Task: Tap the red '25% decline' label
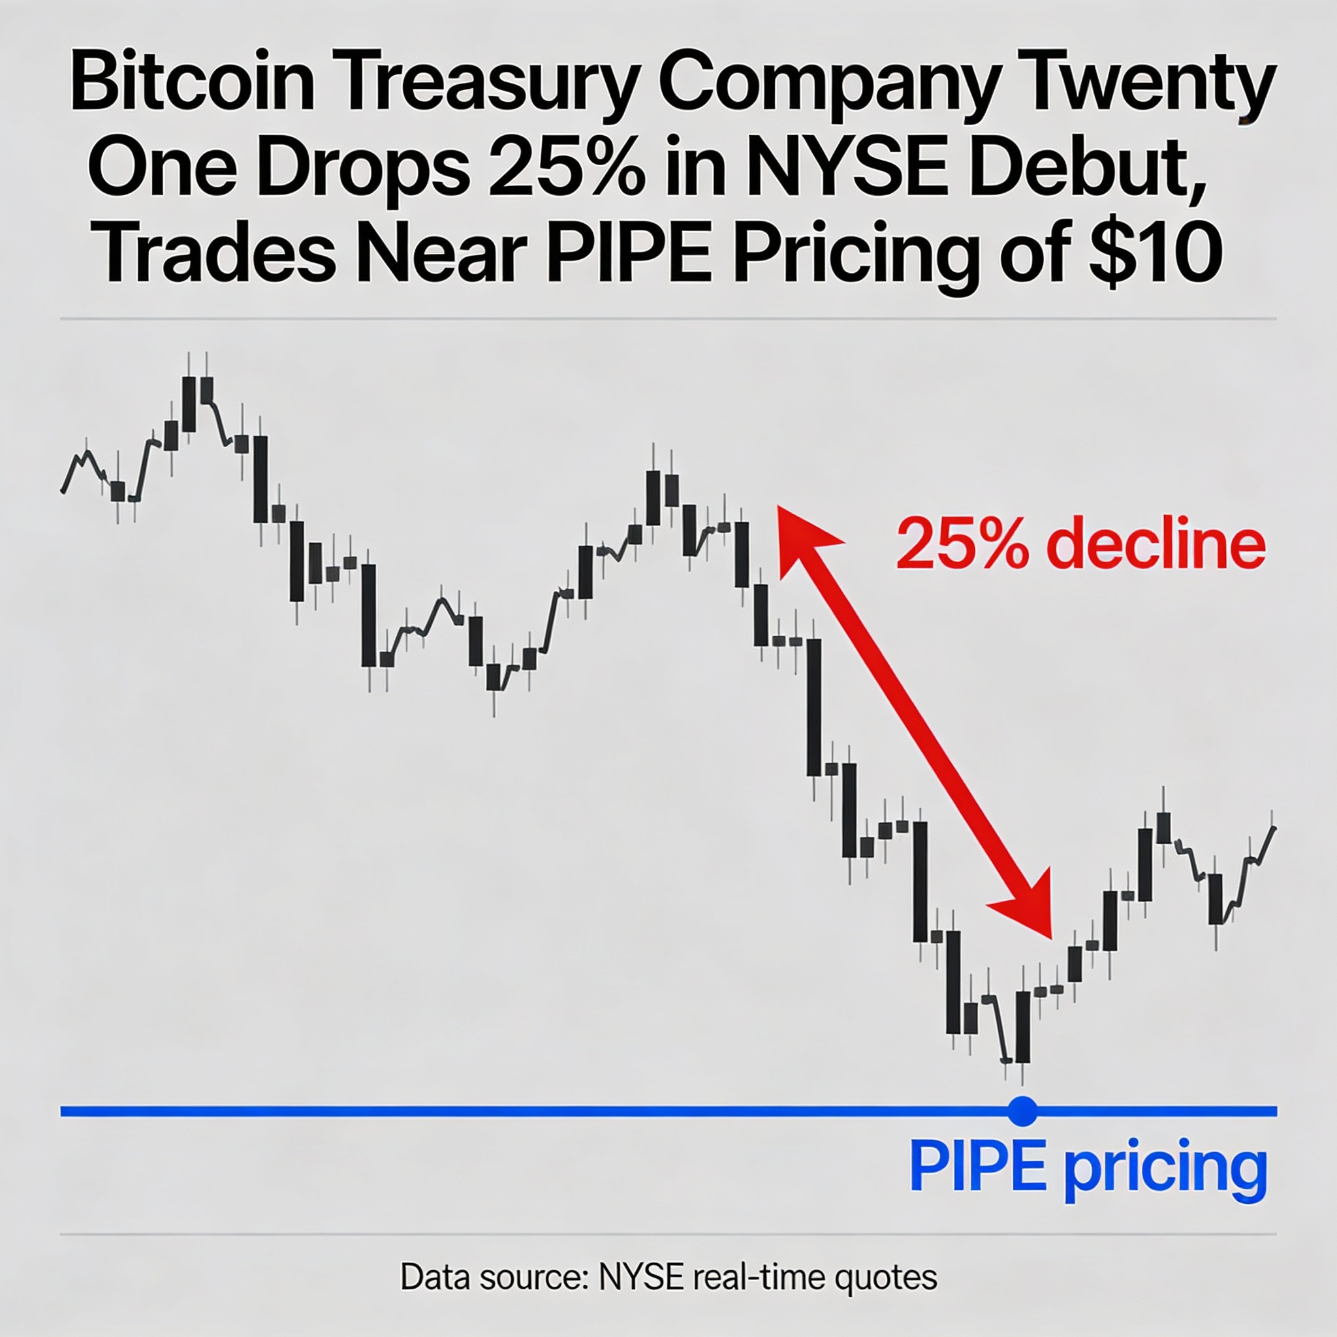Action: (1080, 544)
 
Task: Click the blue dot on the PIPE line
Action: (1023, 1111)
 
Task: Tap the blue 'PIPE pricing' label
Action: (1087, 1168)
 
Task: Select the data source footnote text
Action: (668, 1277)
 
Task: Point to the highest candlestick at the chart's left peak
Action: (189, 404)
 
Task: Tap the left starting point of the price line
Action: (64, 491)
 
